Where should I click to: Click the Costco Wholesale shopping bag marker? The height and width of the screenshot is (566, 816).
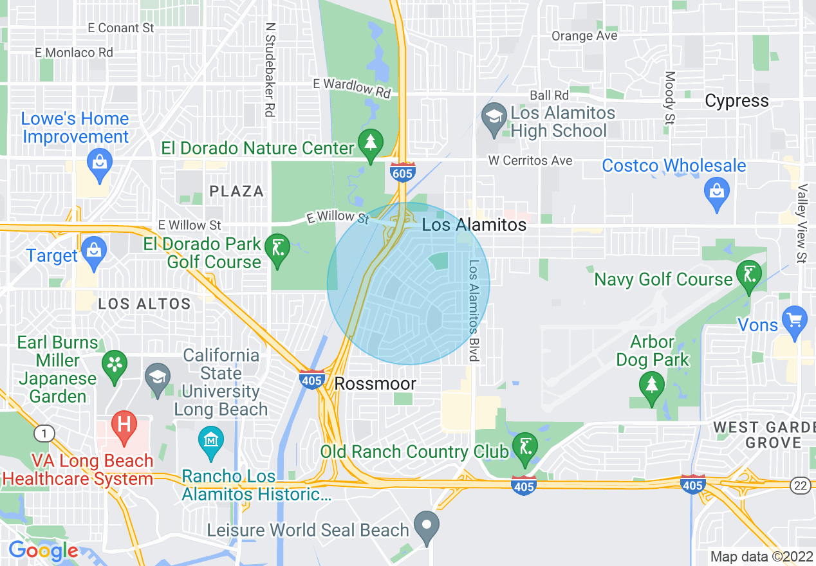pyautogui.click(x=716, y=191)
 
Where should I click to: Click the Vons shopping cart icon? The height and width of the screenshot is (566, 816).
pyautogui.click(x=794, y=319)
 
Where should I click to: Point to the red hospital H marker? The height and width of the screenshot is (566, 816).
pyautogui.click(x=124, y=424)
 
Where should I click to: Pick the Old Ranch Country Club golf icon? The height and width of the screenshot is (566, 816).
pyautogui.click(x=524, y=445)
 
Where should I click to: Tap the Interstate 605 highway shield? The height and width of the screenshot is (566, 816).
pyautogui.click(x=402, y=172)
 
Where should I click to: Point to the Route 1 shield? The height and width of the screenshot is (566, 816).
pyautogui.click(x=43, y=434)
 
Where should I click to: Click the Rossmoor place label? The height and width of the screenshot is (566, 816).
pyautogui.click(x=375, y=384)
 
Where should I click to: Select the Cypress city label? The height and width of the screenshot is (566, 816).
pyautogui.click(x=736, y=101)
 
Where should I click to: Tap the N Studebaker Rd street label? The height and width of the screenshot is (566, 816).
pyautogui.click(x=270, y=71)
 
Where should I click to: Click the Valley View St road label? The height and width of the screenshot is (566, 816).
pyautogui.click(x=802, y=223)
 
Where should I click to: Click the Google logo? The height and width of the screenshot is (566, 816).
pyautogui.click(x=43, y=551)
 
